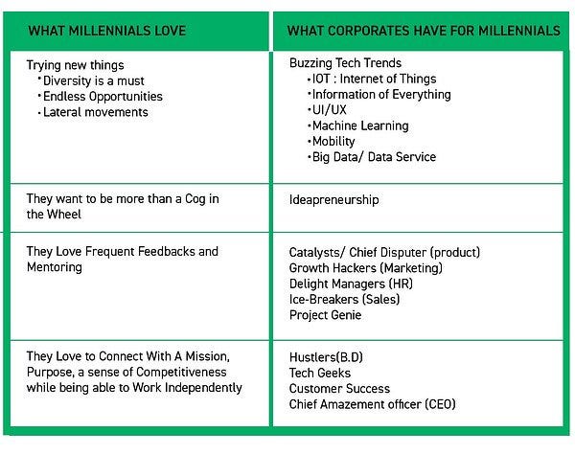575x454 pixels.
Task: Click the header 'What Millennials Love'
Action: (x=107, y=31)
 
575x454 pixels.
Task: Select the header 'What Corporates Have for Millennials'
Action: (x=424, y=31)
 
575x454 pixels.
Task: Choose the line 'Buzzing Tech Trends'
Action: (x=345, y=63)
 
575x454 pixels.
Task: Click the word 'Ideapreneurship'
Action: (x=333, y=200)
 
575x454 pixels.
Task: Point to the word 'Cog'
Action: (x=195, y=199)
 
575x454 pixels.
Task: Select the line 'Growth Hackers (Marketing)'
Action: (x=366, y=268)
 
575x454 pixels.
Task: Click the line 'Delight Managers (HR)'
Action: (x=351, y=284)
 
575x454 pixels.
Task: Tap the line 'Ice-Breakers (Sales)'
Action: (x=344, y=300)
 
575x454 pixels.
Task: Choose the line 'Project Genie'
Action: (x=325, y=315)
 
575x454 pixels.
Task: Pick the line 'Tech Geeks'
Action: (x=320, y=373)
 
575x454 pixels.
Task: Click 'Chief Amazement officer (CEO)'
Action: (x=372, y=404)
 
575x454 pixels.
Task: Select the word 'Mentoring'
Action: (x=55, y=267)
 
